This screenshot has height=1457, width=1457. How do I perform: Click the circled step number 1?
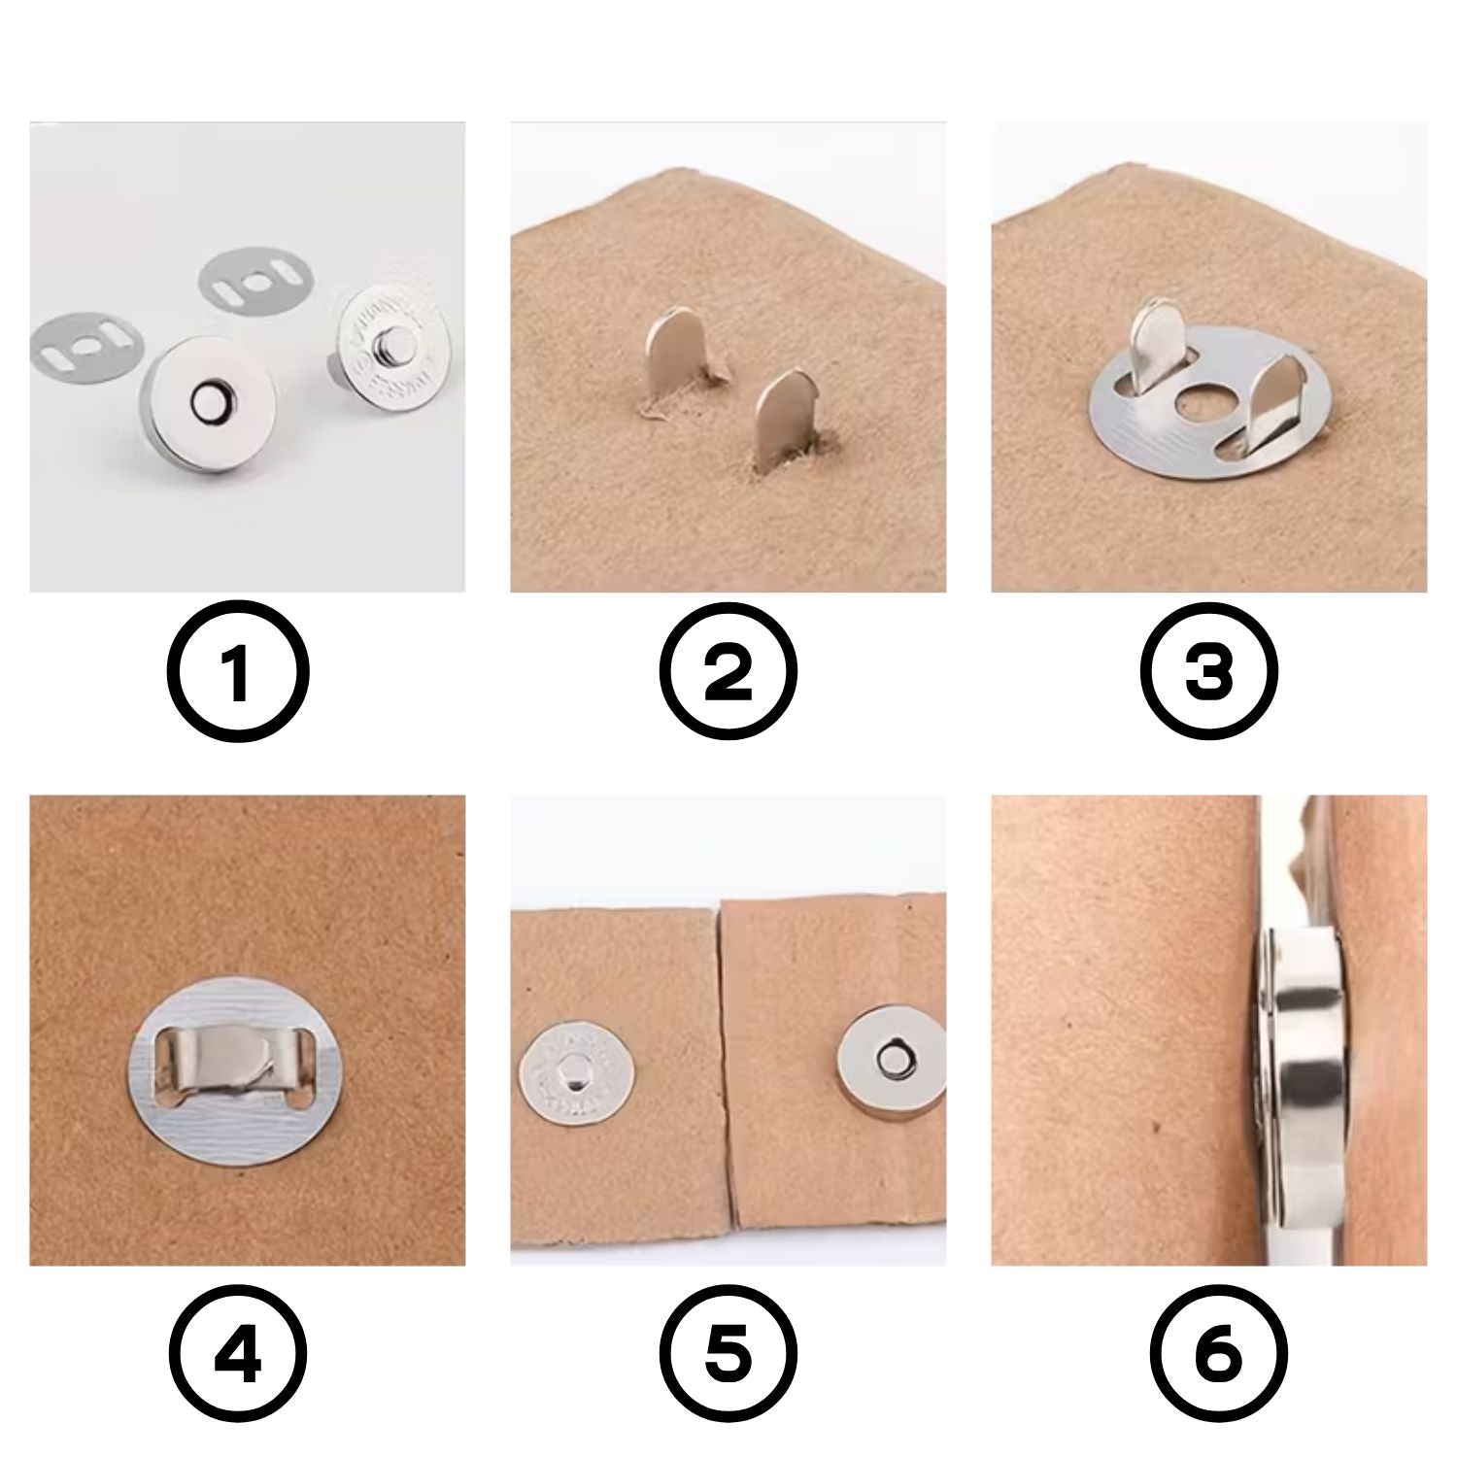[x=238, y=672]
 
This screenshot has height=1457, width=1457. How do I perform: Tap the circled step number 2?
[x=728, y=672]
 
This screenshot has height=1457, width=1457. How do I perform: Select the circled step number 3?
[x=1208, y=672]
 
